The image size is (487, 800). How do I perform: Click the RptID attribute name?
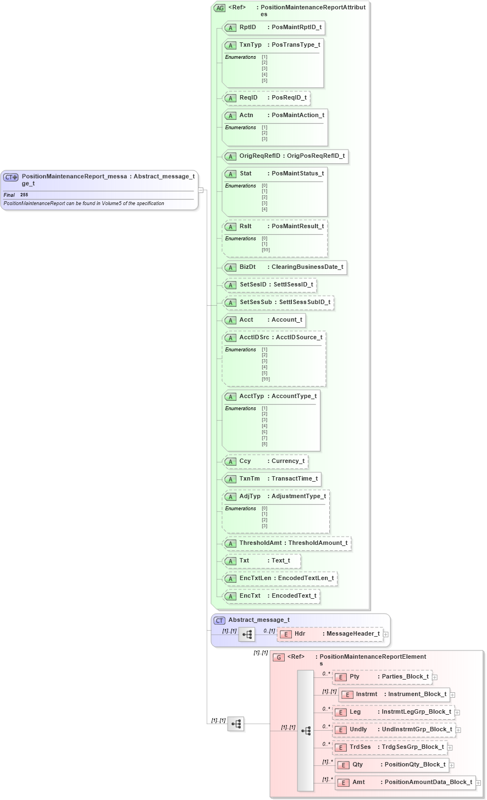pyautogui.click(x=248, y=27)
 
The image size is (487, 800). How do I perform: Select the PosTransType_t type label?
pyautogui.click(x=296, y=45)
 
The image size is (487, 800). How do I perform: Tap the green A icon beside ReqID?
pyautogui.click(x=231, y=98)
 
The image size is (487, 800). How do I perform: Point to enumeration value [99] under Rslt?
pyautogui.click(x=265, y=250)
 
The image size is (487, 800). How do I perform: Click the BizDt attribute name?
pyautogui.click(x=247, y=267)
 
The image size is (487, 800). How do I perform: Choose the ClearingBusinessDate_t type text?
pyautogui.click(x=307, y=267)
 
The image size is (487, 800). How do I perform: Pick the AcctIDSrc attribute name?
pyautogui.click(x=254, y=337)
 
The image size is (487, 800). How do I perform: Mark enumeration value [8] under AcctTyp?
pyautogui.click(x=264, y=444)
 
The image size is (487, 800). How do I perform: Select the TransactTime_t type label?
pyautogui.click(x=295, y=478)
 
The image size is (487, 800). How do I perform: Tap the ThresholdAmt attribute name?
pyautogui.click(x=261, y=543)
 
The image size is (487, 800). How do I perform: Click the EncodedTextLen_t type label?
pyautogui.click(x=306, y=578)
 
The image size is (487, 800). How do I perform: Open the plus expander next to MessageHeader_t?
pyautogui.click(x=386, y=634)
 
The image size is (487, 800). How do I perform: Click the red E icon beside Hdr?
pyautogui.click(x=285, y=634)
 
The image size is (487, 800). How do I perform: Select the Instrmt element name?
pyautogui.click(x=367, y=694)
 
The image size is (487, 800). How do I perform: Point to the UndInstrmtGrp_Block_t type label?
pyautogui.click(x=417, y=729)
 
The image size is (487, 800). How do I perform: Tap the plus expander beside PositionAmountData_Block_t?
pyautogui.click(x=478, y=782)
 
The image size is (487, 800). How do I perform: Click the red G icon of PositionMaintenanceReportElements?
pyautogui.click(x=279, y=657)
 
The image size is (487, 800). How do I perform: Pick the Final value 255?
pyautogui.click(x=24, y=195)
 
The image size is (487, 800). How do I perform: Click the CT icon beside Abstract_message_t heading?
pyautogui.click(x=219, y=620)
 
